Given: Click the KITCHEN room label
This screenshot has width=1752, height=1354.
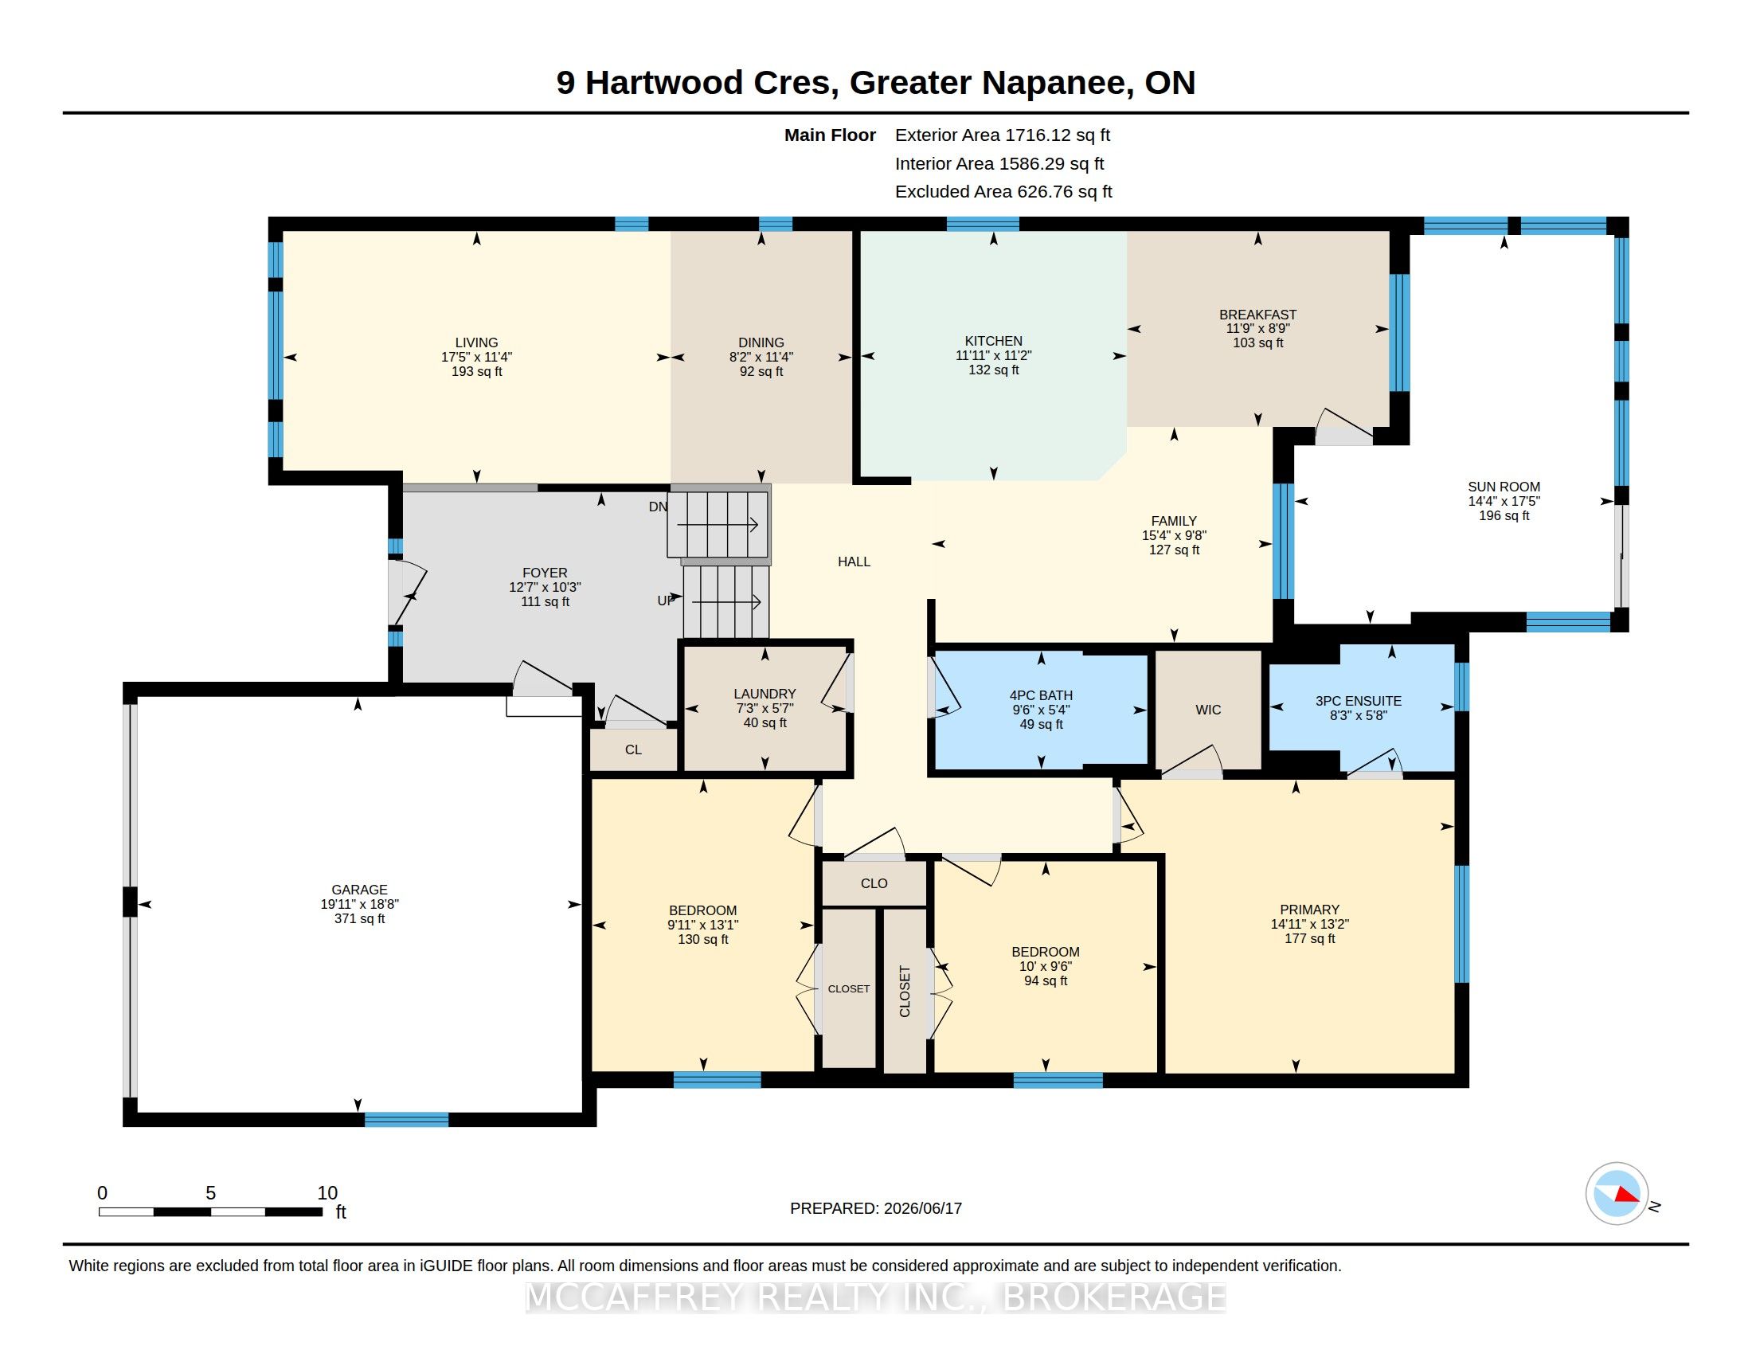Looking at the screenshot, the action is pyautogui.click(x=993, y=341).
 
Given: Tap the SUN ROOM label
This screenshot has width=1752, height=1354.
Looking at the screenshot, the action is pyautogui.click(x=1504, y=487).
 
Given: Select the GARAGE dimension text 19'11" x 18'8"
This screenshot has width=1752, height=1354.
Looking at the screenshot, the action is pyautogui.click(x=359, y=904).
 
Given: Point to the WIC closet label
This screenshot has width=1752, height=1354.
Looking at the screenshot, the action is pyautogui.click(x=1208, y=710).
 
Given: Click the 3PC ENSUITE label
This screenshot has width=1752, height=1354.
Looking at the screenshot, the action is pyautogui.click(x=1358, y=701).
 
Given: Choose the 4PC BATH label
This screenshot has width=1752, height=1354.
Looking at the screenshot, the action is pyautogui.click(x=1042, y=695).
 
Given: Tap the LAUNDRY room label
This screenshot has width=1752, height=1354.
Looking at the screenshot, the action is pyautogui.click(x=765, y=694).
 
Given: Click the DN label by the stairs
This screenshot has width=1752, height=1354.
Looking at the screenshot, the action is pyautogui.click(x=658, y=507).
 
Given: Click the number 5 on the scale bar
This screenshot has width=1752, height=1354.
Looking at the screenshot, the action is pyautogui.click(x=210, y=1193).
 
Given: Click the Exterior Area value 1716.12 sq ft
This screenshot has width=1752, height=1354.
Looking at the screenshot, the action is pyautogui.click(x=1059, y=135).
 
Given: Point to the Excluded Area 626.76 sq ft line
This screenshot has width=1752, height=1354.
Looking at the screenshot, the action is pyautogui.click(x=1003, y=192).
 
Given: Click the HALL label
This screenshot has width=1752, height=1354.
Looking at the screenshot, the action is pyautogui.click(x=854, y=562).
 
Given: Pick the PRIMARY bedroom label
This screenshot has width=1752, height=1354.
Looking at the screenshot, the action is pyautogui.click(x=1309, y=910).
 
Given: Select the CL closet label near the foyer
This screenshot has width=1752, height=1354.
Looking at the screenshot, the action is pyautogui.click(x=633, y=750).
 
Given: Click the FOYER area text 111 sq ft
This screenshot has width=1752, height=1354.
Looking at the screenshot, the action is pyautogui.click(x=545, y=601).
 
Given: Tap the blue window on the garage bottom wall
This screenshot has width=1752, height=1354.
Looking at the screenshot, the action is pyautogui.click(x=407, y=1120).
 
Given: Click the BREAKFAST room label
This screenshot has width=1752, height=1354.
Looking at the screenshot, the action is pyautogui.click(x=1257, y=315).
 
